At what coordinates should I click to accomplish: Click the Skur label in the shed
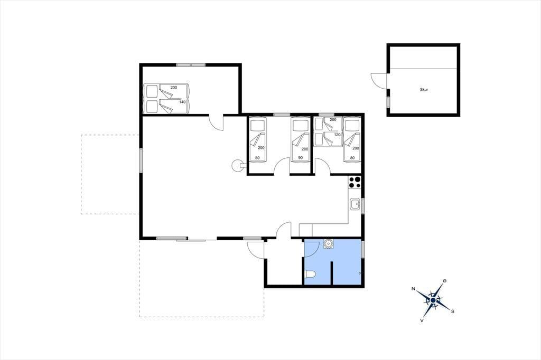[x=424, y=90]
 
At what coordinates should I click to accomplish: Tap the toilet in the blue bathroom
[x=310, y=274]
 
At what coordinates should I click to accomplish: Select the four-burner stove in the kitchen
[x=355, y=182]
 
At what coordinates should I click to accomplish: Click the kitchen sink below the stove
[x=355, y=204]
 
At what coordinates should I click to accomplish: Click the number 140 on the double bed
[x=182, y=102]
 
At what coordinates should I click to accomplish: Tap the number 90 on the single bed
[x=300, y=158]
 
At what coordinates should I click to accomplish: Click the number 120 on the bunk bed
[x=337, y=135]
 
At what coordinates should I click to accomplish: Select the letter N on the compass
[x=413, y=289]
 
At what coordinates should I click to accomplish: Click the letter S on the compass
[x=453, y=311]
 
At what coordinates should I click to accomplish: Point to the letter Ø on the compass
[x=445, y=281]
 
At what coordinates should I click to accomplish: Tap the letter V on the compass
[x=422, y=320]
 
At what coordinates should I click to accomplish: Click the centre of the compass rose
[x=433, y=300]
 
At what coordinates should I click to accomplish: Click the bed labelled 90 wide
[x=300, y=140]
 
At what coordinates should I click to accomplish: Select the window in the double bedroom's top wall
[x=191, y=65]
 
